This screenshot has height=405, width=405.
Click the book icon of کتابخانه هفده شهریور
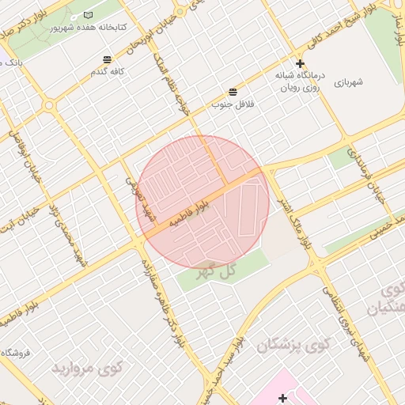[88, 16]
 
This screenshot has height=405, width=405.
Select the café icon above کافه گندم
[107, 59]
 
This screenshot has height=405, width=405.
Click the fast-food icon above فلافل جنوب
[233, 92]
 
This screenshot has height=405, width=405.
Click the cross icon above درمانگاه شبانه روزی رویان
[300, 63]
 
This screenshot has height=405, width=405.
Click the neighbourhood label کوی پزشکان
[292, 345]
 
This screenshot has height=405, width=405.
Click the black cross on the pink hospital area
[283, 397]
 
